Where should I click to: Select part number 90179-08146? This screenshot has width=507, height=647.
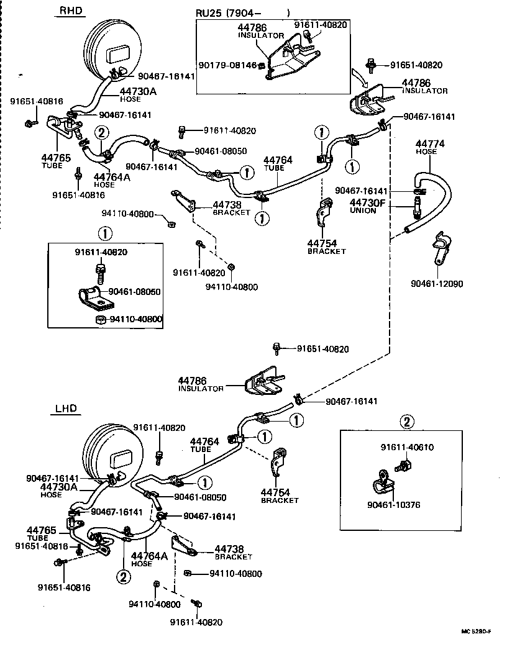pyautogui.click(x=228, y=65)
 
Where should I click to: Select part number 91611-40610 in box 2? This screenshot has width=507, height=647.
pyautogui.click(x=407, y=446)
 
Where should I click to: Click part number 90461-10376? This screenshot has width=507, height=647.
pyautogui.click(x=394, y=505)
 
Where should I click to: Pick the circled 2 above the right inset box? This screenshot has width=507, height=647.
pyautogui.click(x=406, y=423)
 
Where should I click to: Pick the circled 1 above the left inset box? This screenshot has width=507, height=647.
pyautogui.click(x=104, y=234)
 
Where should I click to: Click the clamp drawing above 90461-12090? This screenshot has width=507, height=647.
pyautogui.click(x=443, y=247)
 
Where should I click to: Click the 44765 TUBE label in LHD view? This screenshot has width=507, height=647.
pyautogui.click(x=41, y=533)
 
